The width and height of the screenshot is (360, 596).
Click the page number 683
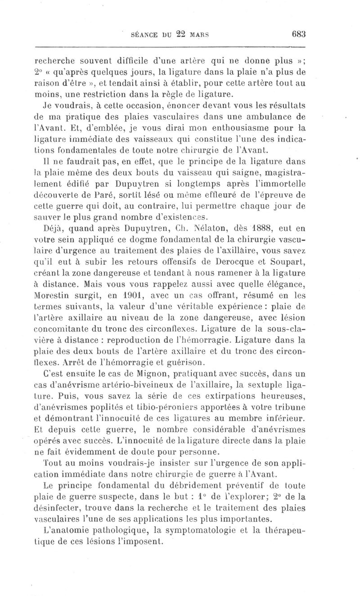click(x=298, y=33)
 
